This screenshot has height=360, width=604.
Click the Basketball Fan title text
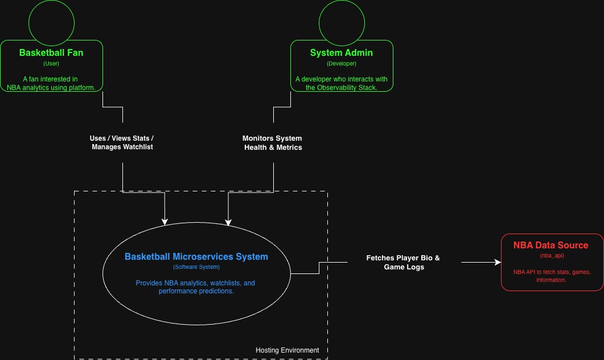point(51,52)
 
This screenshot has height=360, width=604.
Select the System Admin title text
point(342,52)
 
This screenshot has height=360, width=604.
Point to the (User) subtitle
point(51,63)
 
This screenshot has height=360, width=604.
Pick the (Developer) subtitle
point(342,63)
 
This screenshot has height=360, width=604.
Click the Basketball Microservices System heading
point(196,256)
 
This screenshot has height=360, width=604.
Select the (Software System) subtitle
point(196,267)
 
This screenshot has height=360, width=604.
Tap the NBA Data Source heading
point(550,245)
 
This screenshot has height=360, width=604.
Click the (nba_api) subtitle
point(550,256)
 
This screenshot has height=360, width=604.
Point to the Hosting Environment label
point(287,350)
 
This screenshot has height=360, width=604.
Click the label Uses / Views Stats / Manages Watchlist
point(122,142)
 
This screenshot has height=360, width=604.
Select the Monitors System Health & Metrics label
point(273,142)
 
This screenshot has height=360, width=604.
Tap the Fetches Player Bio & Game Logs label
point(403,262)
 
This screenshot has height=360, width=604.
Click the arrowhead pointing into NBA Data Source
point(498,263)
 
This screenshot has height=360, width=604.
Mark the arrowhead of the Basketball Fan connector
point(165,222)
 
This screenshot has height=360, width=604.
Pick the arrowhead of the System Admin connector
point(228,222)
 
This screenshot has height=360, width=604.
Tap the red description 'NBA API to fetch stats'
point(551,276)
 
